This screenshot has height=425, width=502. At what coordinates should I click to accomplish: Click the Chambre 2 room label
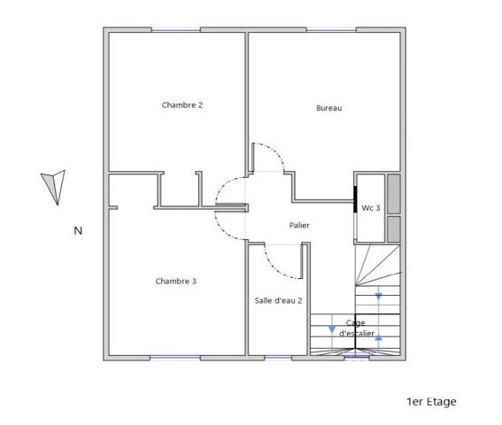point(182,105)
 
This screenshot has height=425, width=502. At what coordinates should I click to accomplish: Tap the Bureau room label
point(328,108)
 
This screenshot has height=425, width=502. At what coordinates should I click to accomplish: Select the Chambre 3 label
point(176,282)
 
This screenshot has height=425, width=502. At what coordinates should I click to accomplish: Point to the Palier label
point(299,225)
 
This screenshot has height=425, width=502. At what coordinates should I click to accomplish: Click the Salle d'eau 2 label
point(278,301)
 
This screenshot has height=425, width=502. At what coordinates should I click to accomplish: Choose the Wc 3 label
point(371,208)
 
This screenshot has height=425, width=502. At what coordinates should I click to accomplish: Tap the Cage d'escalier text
point(356,328)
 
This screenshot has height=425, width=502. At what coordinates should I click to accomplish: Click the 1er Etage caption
point(431,402)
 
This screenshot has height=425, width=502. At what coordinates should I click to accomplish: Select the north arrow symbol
point(54,187)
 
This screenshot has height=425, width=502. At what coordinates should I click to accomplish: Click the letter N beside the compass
point(78,230)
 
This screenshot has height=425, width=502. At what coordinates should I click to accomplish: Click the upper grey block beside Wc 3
point(394,194)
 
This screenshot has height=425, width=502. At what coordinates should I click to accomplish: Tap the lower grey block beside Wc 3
point(394,229)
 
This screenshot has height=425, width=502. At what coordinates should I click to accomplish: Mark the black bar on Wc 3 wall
point(355,199)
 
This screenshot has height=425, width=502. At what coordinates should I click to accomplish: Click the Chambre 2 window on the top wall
point(176,30)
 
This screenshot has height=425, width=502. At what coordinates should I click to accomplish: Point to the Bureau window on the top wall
point(331,30)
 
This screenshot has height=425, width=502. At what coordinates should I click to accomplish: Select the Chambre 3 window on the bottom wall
point(175,357)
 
